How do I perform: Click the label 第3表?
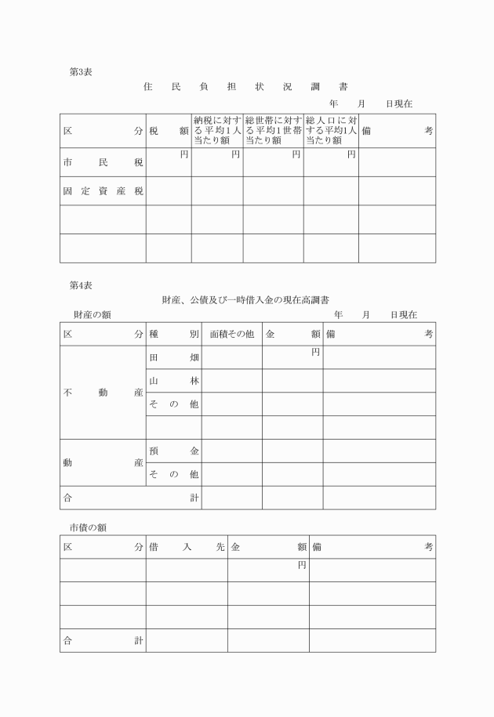point(80,71)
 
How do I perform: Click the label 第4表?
point(80,285)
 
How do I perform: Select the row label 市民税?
point(103,163)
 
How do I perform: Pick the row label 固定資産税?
point(103,191)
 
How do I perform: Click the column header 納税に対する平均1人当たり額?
point(216,130)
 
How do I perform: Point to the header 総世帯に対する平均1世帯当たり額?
point(273,130)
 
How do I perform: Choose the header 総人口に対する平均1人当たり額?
point(331,130)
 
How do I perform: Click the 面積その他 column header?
point(231,334)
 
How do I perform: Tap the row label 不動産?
point(103,393)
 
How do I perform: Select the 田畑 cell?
point(173,357)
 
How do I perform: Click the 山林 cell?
point(173,381)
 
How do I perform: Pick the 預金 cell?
point(173,451)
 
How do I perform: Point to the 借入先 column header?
point(187,547)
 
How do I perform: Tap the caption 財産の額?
point(92,314)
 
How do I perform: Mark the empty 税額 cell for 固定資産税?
point(169,191)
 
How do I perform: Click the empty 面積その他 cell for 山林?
point(231,381)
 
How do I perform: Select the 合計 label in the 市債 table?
point(103,640)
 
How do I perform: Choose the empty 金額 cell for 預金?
point(292,451)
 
